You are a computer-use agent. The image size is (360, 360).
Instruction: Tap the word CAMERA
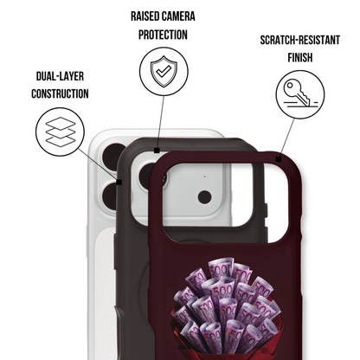pos(179,16)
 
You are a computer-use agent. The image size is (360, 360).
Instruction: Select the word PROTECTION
pos(163,35)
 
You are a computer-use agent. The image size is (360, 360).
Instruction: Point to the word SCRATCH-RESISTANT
pos(300,40)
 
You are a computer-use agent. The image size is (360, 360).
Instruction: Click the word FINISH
pos(300,57)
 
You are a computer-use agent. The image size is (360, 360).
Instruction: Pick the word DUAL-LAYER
pos(60,76)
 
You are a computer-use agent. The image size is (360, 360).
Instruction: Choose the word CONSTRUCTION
pos(60,93)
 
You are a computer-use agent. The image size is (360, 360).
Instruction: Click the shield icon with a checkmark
pos(164,72)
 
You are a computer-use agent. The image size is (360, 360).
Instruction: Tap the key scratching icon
pos(300,94)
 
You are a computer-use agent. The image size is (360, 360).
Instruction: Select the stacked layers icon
pos(61,132)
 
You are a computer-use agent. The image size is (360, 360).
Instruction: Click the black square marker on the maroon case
pos(279,159)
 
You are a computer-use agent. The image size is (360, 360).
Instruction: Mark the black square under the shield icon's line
pos(157,151)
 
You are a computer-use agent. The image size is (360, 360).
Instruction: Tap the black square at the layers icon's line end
pos(119,182)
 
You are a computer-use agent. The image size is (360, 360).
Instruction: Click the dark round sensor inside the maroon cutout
pos(204,197)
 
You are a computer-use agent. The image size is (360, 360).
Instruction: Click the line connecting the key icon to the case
pos(287,138)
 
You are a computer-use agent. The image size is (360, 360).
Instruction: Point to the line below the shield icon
pos(160,122)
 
